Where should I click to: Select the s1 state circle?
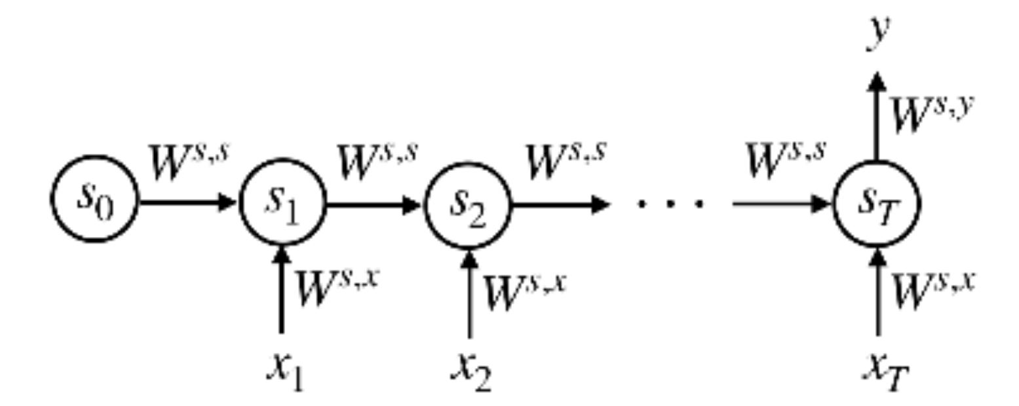pyautogui.click(x=282, y=203)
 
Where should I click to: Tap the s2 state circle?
pyautogui.click(x=468, y=204)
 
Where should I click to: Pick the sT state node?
pyautogui.click(x=877, y=204)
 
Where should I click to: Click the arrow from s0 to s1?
pyautogui.click(x=187, y=202)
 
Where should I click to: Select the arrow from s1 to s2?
pyautogui.click(x=374, y=205)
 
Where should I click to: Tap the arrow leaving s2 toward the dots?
pyautogui.click(x=560, y=205)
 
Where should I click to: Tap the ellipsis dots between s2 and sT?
pyautogui.click(x=671, y=204)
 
